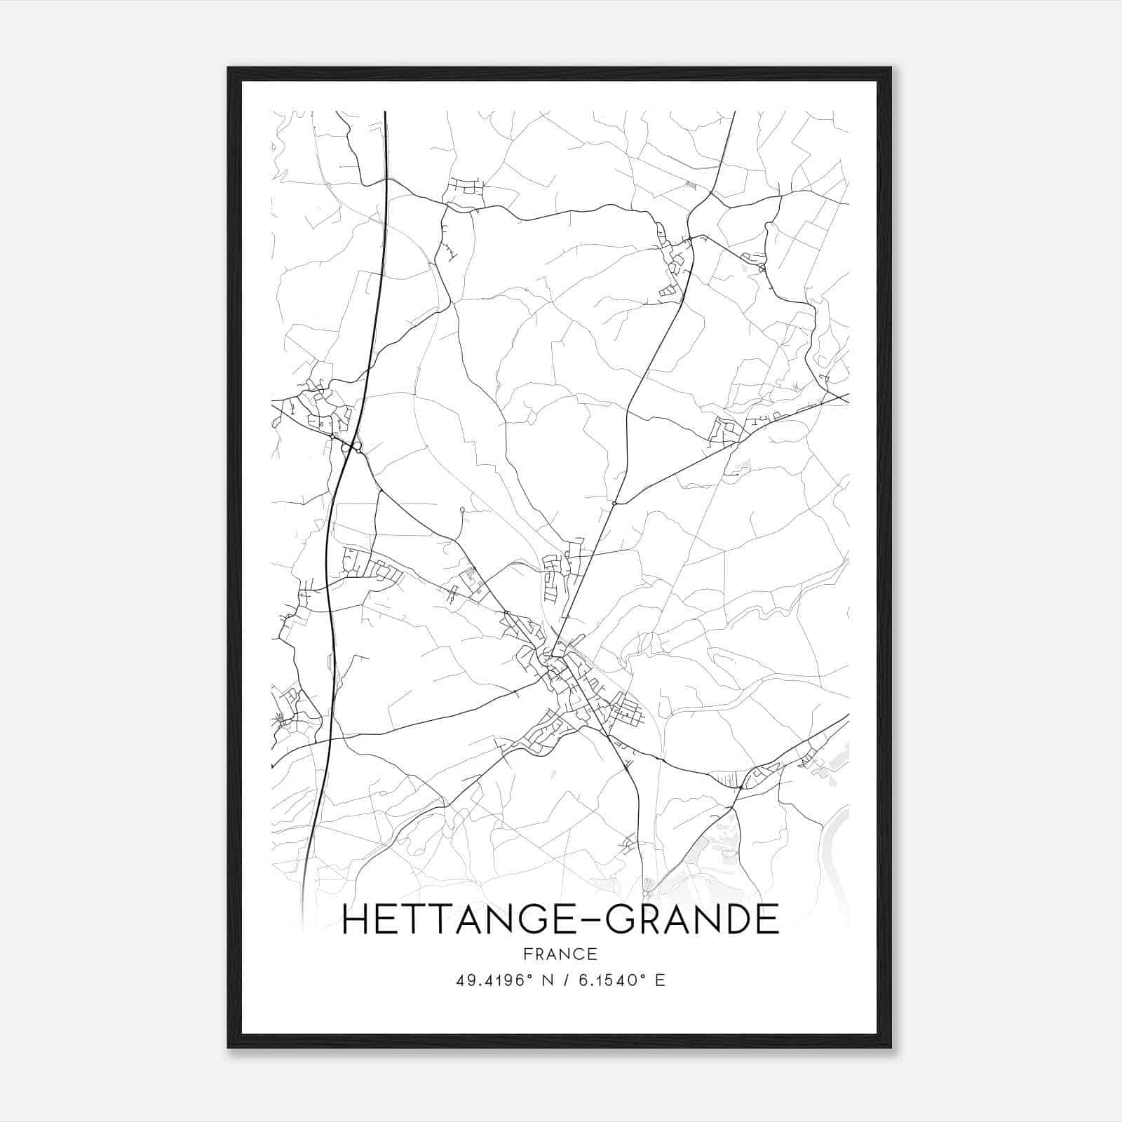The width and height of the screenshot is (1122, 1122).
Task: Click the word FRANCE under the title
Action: [560, 954]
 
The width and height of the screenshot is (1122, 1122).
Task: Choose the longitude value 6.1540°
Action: [611, 980]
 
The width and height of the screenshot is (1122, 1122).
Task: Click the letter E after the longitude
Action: [659, 980]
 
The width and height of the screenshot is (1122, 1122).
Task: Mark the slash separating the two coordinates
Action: [567, 980]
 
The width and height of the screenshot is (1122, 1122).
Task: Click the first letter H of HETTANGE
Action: [355, 919]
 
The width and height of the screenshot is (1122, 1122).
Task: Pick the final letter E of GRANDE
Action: [769, 919]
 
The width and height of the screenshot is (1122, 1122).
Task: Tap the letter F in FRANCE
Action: [527, 954]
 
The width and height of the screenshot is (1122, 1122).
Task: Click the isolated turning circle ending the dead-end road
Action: [461, 510]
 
